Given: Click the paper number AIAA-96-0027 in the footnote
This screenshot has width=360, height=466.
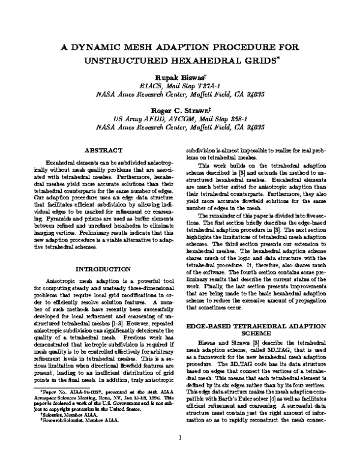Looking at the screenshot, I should [76, 408].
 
